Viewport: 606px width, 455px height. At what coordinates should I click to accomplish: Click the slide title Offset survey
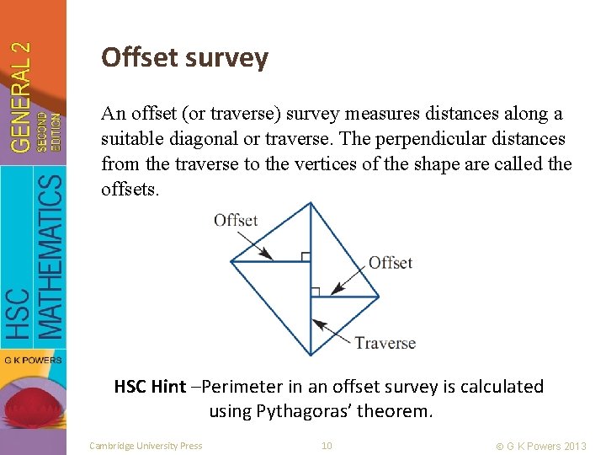click(x=184, y=57)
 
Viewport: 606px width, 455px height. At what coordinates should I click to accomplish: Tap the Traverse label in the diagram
click(x=385, y=343)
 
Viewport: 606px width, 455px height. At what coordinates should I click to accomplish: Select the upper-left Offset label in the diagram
click(x=236, y=220)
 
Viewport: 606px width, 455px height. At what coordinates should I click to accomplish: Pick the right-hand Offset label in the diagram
click(x=391, y=263)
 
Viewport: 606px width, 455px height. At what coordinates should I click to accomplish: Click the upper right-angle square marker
click(x=306, y=256)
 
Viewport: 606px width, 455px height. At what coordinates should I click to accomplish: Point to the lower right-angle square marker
click(x=315, y=292)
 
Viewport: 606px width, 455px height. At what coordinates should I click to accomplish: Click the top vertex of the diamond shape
click(x=311, y=203)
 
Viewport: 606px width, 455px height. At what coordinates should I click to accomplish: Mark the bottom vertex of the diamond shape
click(x=311, y=354)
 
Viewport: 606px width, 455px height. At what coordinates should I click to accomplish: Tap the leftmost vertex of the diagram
click(x=231, y=261)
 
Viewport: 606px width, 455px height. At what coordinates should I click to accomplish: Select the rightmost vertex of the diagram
click(x=380, y=297)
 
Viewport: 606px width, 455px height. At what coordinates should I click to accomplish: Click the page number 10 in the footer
click(x=327, y=446)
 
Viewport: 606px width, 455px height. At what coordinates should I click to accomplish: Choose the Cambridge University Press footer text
click(x=146, y=446)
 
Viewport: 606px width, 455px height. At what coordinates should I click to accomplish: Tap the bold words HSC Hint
click(x=150, y=387)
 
